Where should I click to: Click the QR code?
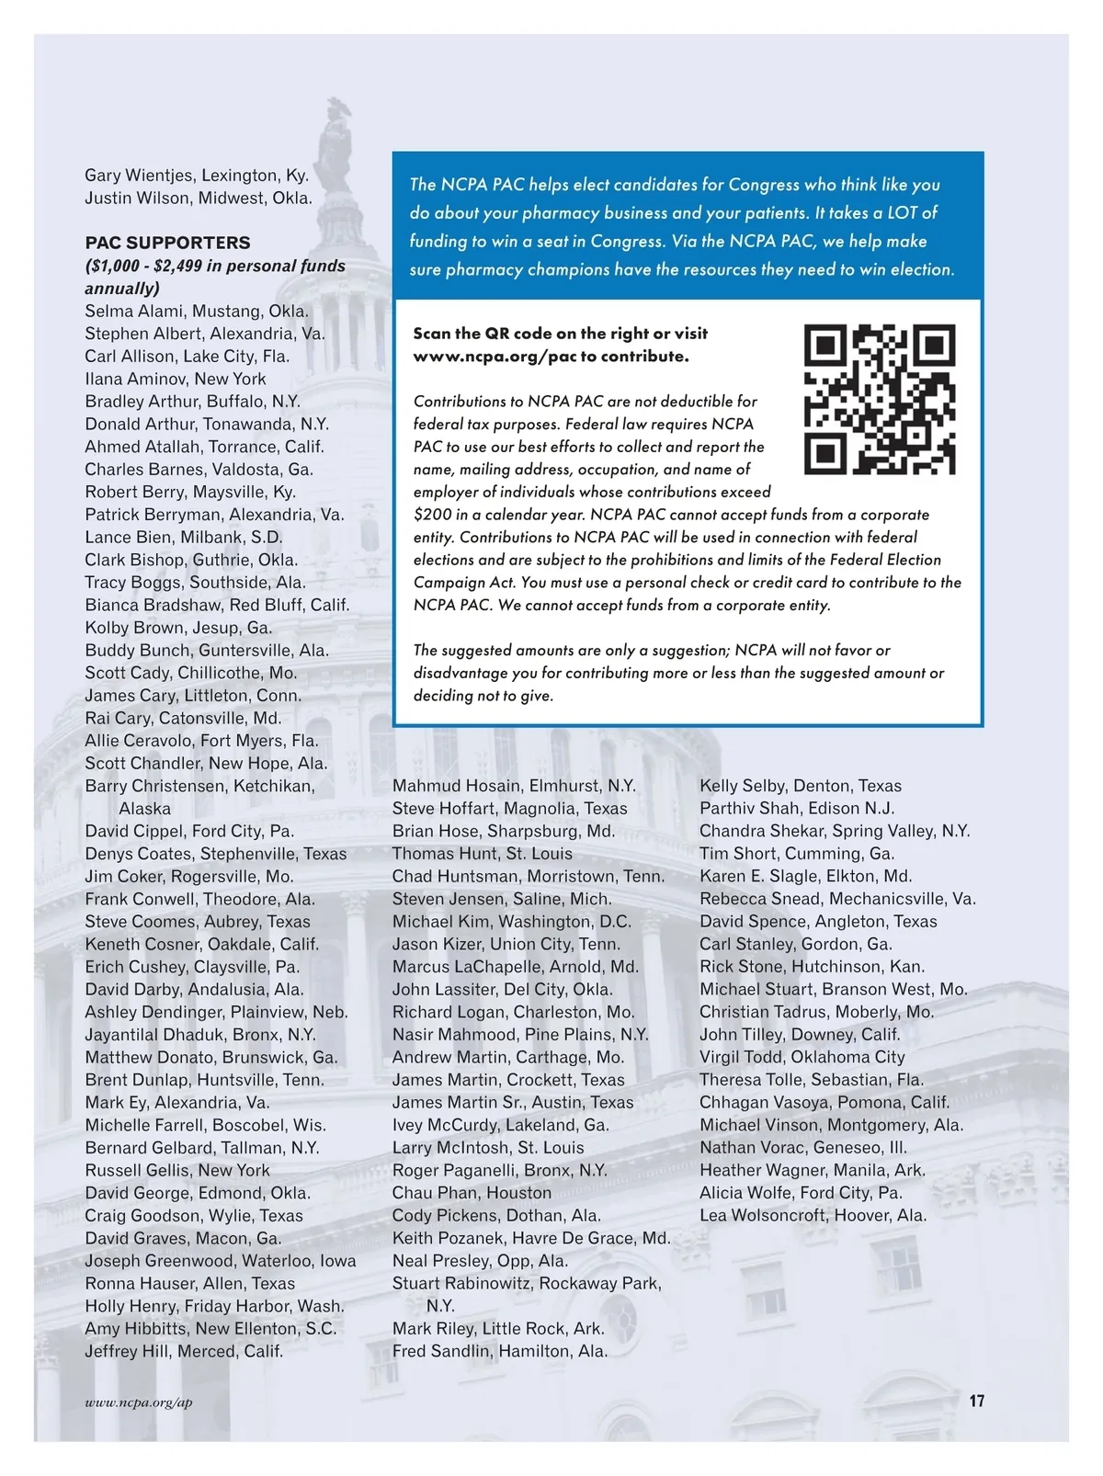click(879, 399)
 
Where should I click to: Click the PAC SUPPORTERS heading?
click(167, 243)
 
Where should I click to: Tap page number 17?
click(976, 1401)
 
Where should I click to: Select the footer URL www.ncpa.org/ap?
click(139, 1402)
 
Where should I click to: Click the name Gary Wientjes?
click(140, 176)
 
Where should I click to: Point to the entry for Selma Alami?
click(197, 311)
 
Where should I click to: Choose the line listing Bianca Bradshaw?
click(217, 605)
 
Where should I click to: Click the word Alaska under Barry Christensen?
click(144, 809)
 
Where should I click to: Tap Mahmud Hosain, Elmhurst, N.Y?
click(514, 786)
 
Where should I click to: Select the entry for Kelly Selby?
click(800, 786)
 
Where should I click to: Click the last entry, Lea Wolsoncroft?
click(813, 1215)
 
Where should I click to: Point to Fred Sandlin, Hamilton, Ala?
click(499, 1351)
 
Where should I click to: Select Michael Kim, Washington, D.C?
click(511, 922)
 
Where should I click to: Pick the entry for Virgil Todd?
click(802, 1057)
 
